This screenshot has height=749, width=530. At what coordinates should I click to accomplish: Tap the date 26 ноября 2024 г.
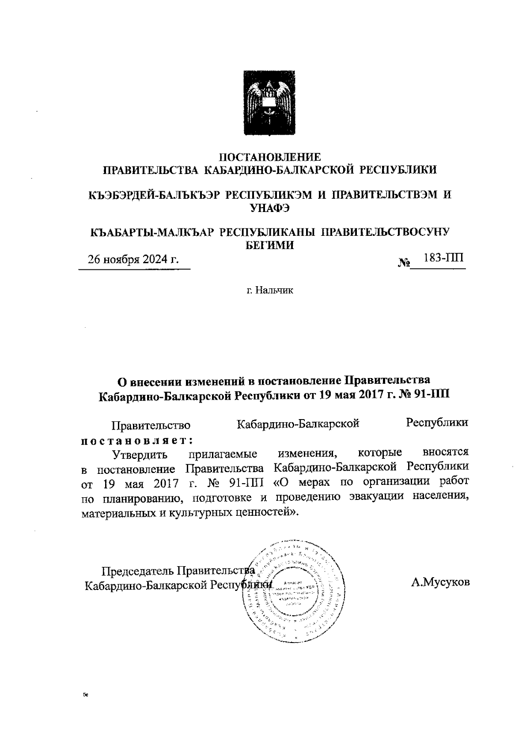133,259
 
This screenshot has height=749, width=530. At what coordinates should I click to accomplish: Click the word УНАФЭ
270,208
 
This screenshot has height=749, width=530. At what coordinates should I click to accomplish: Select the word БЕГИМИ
270,245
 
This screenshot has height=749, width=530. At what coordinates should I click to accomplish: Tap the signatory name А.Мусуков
440,582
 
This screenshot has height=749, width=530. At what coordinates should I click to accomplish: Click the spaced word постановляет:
137,440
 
